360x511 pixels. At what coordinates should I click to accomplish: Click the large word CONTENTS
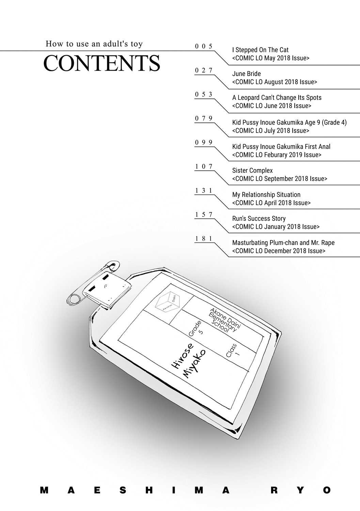pos(102,63)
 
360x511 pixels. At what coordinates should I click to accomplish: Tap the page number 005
pos(204,46)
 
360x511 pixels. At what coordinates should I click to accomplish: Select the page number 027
pos(204,70)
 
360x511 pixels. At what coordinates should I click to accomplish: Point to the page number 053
pos(204,94)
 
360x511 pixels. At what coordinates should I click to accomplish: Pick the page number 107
pos(204,166)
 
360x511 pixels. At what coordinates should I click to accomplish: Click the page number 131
pos(204,190)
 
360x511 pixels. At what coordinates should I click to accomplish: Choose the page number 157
pos(204,214)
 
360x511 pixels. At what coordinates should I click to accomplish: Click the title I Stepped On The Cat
pos(260,50)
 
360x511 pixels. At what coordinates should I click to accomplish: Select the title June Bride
pos(246,74)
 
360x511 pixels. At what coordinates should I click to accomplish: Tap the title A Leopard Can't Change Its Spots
pos(277,98)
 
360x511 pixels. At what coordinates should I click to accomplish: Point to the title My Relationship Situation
pos(266,195)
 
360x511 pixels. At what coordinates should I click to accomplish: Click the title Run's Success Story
pos(259,219)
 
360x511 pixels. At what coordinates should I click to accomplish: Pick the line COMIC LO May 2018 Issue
pos(271,58)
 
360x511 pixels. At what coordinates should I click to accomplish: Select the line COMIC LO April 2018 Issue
pos(271,203)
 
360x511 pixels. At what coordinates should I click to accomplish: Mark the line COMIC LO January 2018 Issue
pos(276,227)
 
